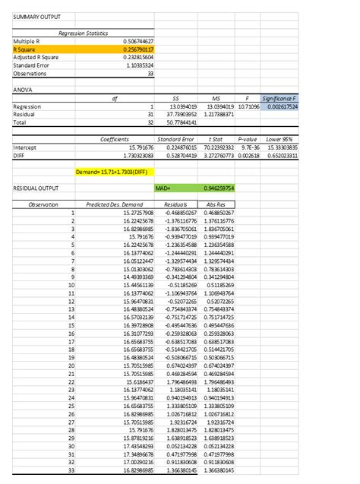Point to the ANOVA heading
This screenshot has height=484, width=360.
click(24, 90)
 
